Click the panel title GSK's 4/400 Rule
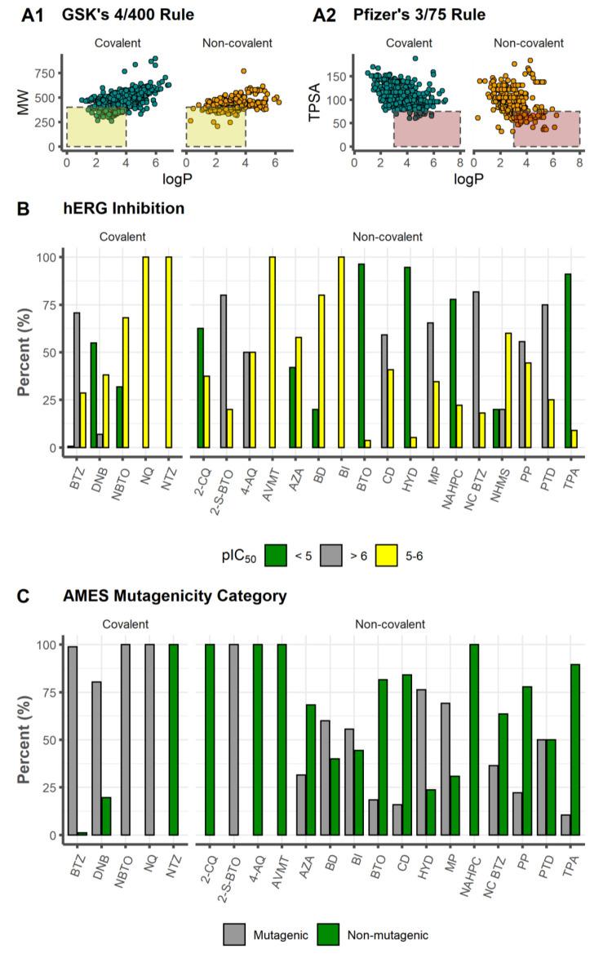(x=137, y=14)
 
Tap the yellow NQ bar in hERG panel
(x=145, y=353)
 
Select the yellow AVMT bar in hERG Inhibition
(x=272, y=353)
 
